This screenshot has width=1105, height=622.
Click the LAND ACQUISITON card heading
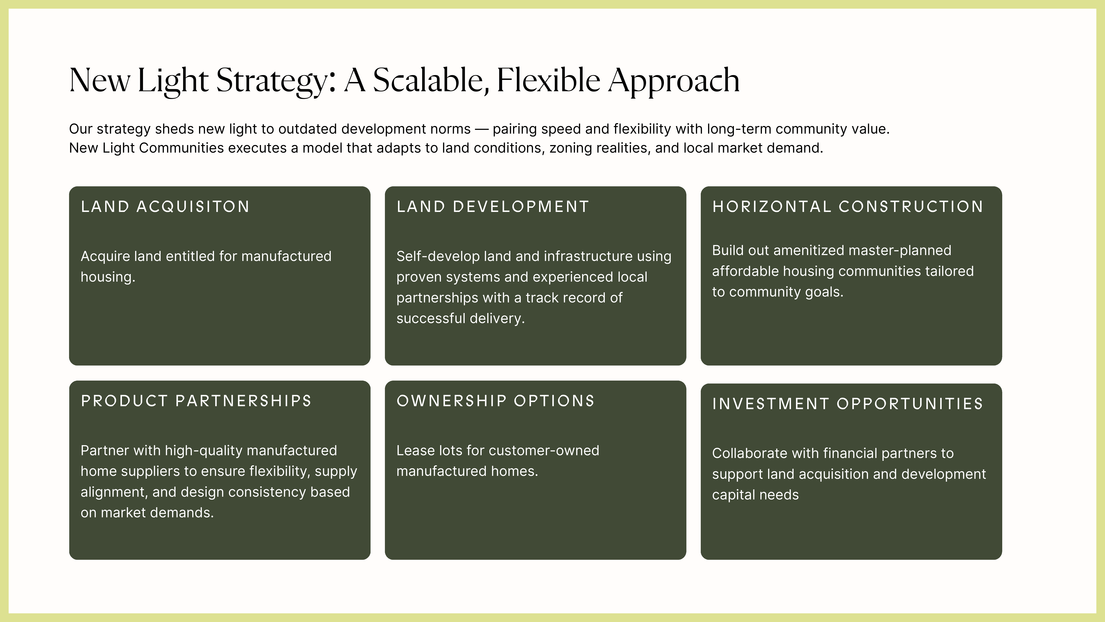(165, 206)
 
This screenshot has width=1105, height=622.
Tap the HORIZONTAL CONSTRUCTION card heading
(848, 206)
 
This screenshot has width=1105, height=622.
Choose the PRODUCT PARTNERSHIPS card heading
(196, 401)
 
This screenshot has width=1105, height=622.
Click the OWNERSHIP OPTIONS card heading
(495, 401)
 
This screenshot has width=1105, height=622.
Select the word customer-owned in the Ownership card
(544, 451)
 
